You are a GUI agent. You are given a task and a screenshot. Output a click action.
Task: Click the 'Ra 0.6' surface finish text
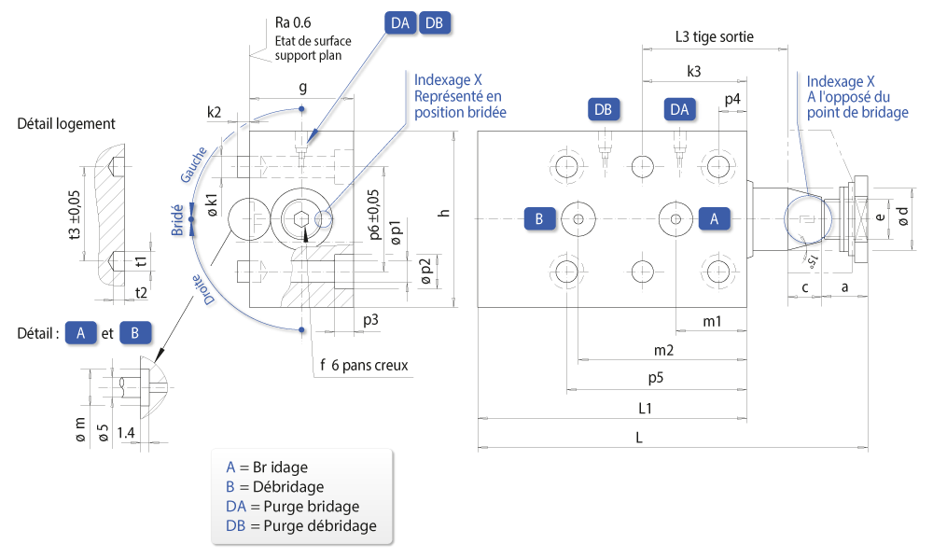pos(293,22)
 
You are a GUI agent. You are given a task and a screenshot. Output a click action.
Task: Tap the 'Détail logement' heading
pos(66,124)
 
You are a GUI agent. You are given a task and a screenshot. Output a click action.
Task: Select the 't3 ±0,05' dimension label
pos(75,215)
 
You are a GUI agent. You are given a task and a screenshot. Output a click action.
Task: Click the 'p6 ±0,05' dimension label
pos(374,215)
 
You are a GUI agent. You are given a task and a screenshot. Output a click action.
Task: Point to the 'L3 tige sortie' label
pos(714,37)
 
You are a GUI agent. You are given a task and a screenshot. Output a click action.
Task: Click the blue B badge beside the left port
pos(539,219)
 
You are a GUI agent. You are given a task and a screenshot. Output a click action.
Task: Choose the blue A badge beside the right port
pos(714,219)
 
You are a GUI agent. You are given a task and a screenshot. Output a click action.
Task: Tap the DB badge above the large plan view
pos(604,109)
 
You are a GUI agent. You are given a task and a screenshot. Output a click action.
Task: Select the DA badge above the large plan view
pos(679,109)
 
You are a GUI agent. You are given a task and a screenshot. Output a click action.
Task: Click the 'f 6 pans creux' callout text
pos(364,365)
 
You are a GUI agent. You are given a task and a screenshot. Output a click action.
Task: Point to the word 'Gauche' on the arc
pos(193,164)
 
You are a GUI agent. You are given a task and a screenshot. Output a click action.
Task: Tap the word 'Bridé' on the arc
pos(177,220)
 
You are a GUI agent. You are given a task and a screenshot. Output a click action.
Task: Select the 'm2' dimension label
pos(663,351)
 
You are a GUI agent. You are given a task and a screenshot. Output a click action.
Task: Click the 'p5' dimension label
pos(656,378)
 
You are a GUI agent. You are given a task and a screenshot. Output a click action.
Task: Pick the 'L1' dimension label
pos(645,408)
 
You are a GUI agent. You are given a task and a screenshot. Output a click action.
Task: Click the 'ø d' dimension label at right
pos(903,216)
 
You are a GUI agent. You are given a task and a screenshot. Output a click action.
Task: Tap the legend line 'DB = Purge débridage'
pos(301,526)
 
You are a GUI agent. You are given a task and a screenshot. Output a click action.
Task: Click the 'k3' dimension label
pos(694,72)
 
